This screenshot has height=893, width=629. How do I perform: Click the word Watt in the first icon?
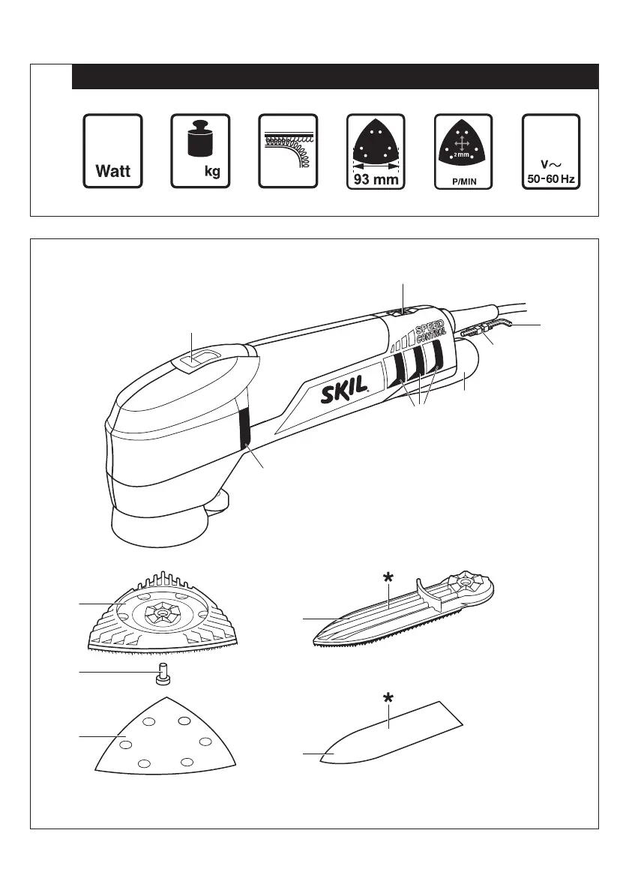pyautogui.click(x=112, y=171)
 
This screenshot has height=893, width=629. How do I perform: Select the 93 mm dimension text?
pyautogui.click(x=376, y=179)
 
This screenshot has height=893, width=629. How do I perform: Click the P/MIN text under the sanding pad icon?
pyautogui.click(x=464, y=181)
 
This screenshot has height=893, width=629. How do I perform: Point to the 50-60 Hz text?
pyautogui.click(x=551, y=180)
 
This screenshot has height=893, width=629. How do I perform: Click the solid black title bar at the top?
pyautogui.click(x=334, y=76)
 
